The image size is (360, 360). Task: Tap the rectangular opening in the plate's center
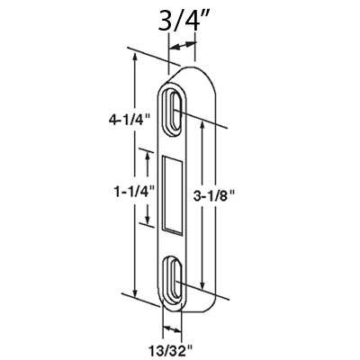point(173,192)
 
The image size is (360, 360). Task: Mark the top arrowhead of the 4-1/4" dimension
point(136,56)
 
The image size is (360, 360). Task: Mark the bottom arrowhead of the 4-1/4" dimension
point(136,297)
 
